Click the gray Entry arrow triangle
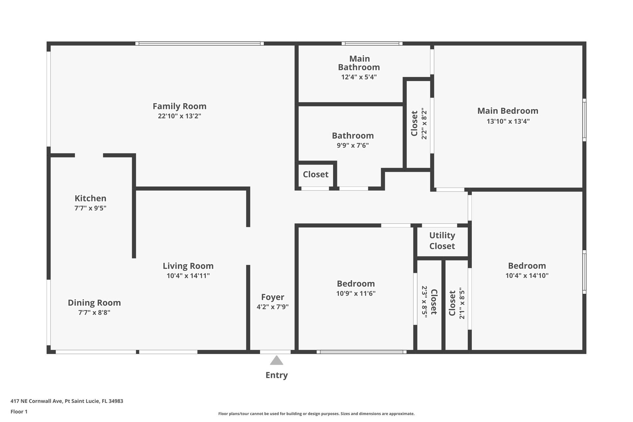pos(277,360)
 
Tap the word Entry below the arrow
pos(277,375)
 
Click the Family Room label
pos(179,106)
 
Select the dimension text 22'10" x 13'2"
pos(179,116)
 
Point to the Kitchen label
pos(90,198)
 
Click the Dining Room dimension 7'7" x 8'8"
pos(94,313)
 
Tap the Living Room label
pos(188,266)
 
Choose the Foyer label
pos(273,297)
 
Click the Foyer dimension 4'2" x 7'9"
pos(273,307)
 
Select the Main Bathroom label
pos(359,63)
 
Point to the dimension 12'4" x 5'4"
pos(359,77)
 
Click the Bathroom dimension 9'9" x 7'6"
pos(353,145)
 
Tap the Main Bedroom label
pos(508,111)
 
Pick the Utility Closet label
pos(442,241)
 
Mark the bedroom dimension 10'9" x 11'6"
pos(356,293)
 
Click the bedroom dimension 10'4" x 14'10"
pos(527,276)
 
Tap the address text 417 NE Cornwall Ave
pos(37,401)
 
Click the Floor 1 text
pos(19,411)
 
